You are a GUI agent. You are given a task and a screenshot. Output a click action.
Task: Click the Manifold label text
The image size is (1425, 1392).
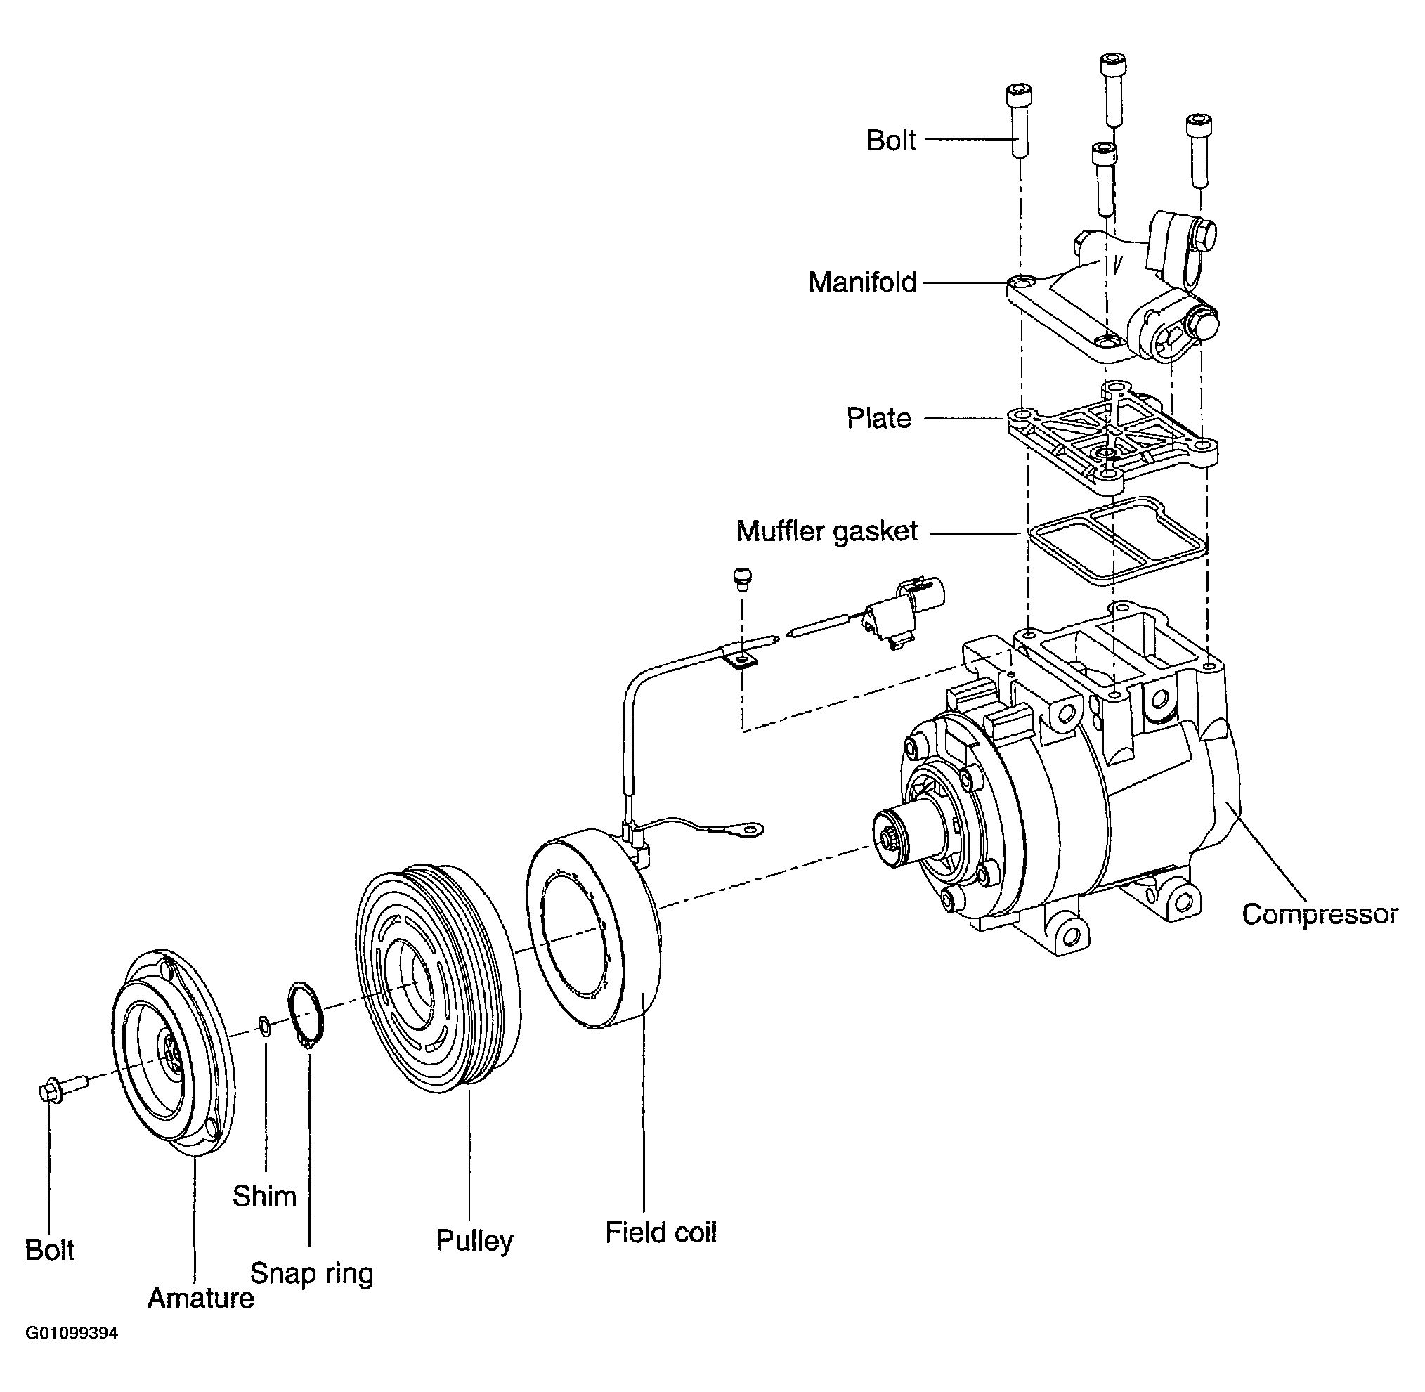pos(862,282)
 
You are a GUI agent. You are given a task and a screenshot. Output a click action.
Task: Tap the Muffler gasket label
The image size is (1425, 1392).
pos(826,531)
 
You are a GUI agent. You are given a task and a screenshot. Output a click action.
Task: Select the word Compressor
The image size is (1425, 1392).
pos(1320,915)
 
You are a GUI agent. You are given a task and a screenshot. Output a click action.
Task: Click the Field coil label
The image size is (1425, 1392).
pos(661,1232)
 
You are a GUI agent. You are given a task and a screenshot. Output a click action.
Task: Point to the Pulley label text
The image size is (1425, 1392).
pos(474,1241)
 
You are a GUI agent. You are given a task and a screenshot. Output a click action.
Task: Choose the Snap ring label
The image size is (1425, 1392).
pos(311,1273)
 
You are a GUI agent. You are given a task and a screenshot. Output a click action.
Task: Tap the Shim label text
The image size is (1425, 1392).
pos(264,1196)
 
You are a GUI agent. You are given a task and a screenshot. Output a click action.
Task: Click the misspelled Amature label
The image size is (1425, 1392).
pos(200,1298)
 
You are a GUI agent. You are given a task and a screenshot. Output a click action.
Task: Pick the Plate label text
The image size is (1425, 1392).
pos(879,418)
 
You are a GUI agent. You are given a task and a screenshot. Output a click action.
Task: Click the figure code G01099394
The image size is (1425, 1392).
pos(72,1353)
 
